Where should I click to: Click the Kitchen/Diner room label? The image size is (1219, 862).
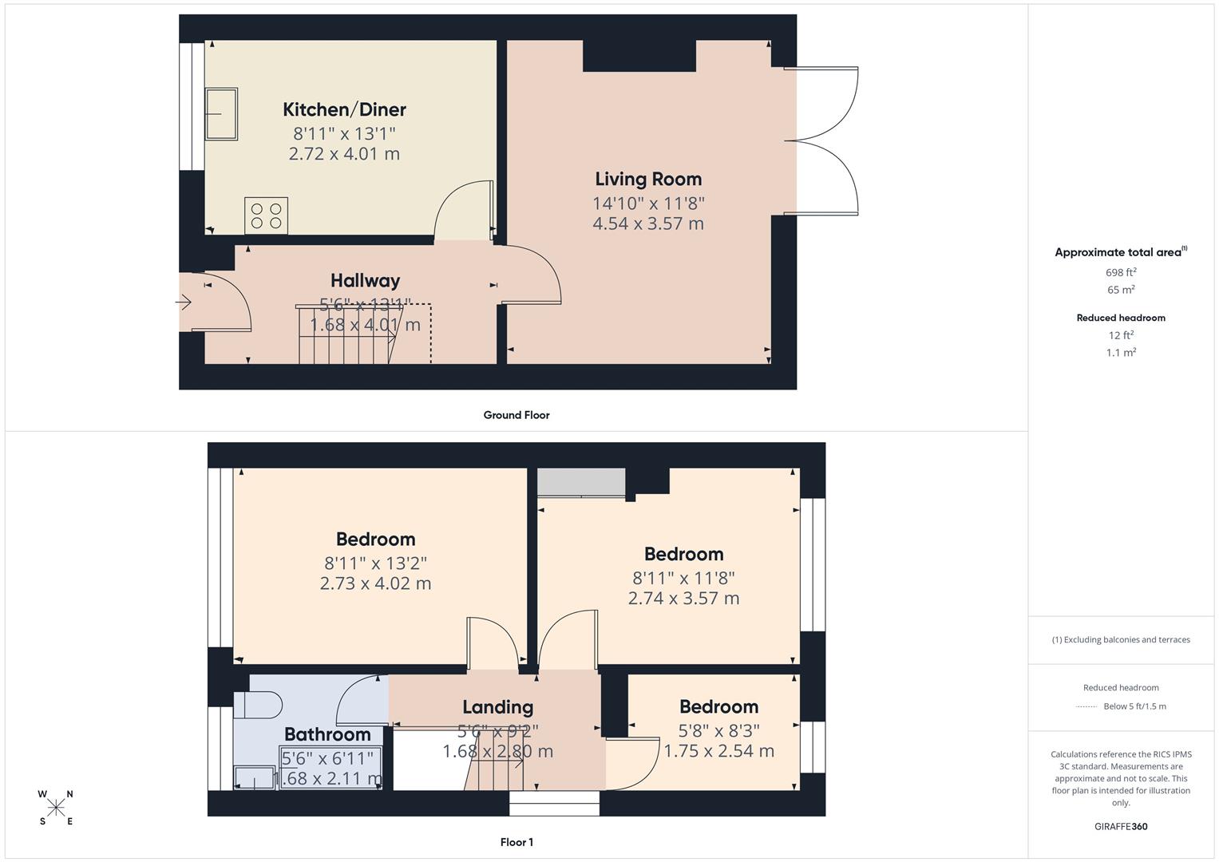pyautogui.click(x=344, y=109)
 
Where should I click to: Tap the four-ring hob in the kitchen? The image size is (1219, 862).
pyautogui.click(x=266, y=215)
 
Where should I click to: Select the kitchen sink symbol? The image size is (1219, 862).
pyautogui.click(x=221, y=114)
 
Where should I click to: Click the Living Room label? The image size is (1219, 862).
pyautogui.click(x=648, y=179)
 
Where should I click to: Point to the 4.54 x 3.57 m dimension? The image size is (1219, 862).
pyautogui.click(x=648, y=223)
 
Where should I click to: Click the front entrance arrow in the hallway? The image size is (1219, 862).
pyautogui.click(x=184, y=302)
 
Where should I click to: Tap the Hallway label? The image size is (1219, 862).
pyautogui.click(x=365, y=280)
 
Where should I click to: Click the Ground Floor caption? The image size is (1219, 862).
pyautogui.click(x=516, y=415)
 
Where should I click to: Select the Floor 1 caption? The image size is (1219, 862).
pyautogui.click(x=516, y=842)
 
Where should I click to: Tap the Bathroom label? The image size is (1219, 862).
pyautogui.click(x=327, y=734)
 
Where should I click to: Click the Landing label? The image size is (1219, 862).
pyautogui.click(x=497, y=707)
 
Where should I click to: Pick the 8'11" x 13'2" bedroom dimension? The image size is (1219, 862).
pyautogui.click(x=375, y=562)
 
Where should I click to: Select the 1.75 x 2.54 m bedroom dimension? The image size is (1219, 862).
pyautogui.click(x=718, y=751)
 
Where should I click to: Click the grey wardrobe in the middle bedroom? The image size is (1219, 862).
pyautogui.click(x=581, y=481)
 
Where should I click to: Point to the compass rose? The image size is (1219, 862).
pyautogui.click(x=56, y=808)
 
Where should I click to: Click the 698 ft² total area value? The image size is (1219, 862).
pyautogui.click(x=1121, y=272)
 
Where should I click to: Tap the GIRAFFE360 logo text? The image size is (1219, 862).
pyautogui.click(x=1121, y=827)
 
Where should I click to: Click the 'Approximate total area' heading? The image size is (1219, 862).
pyautogui.click(x=1120, y=252)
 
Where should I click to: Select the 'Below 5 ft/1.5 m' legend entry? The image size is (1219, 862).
pyautogui.click(x=1134, y=706)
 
